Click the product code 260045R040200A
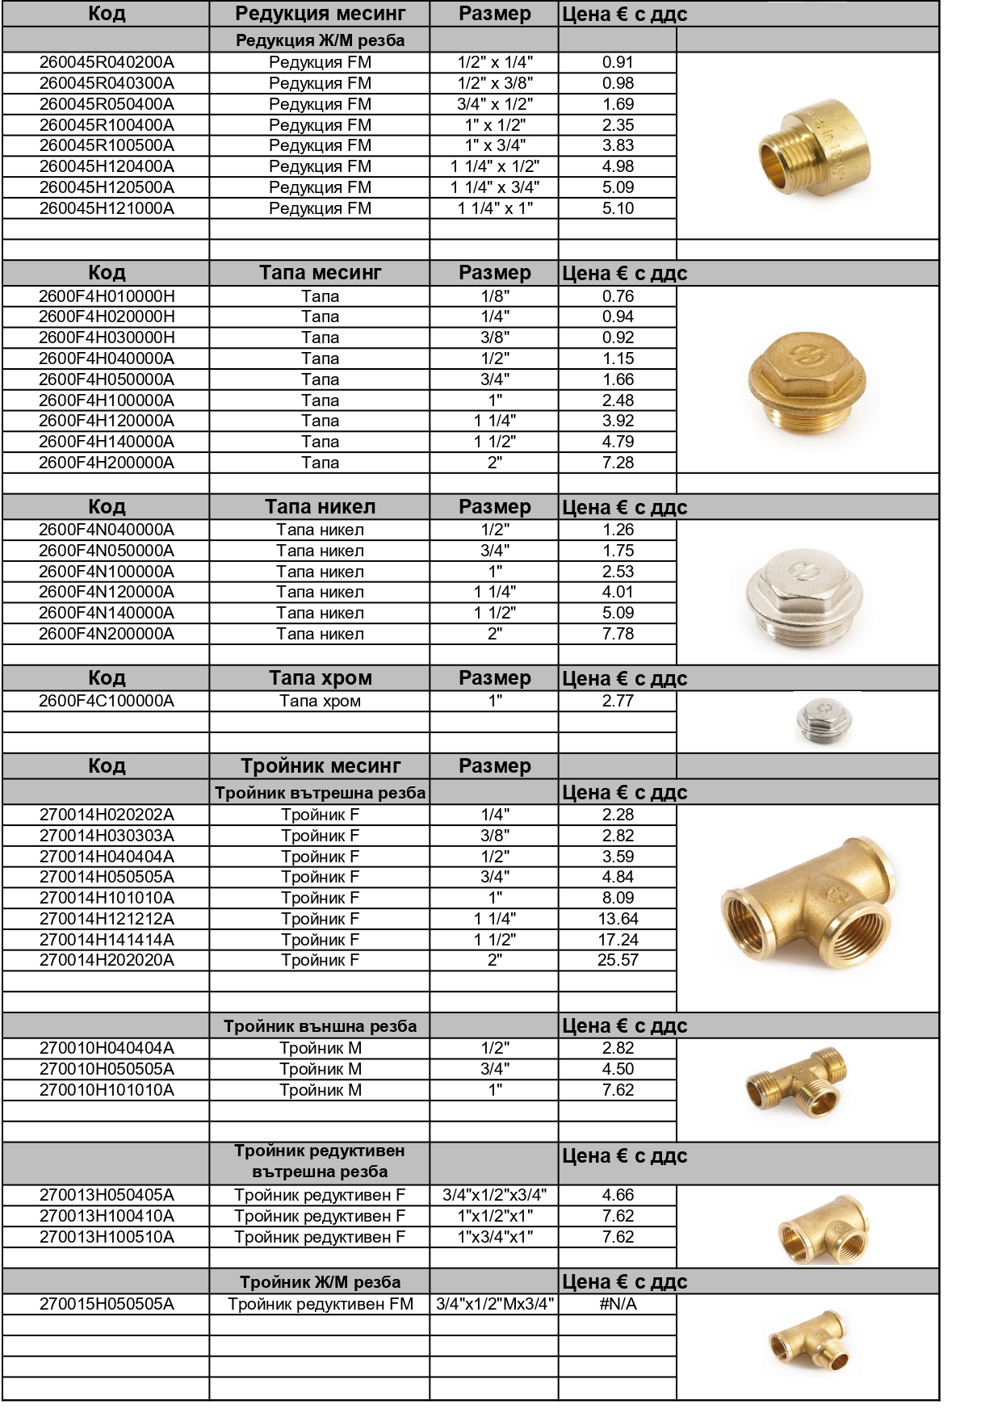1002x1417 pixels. [107, 62]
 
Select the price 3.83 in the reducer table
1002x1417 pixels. [618, 145]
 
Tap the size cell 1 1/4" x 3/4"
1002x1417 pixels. [494, 187]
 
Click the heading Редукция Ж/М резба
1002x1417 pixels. [320, 40]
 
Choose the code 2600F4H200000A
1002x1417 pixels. [107, 463]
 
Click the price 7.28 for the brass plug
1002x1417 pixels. [618, 463]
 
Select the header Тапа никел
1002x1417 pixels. [320, 507]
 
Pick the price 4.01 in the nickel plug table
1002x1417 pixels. [618, 592]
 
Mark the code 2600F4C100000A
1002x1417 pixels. [107, 701]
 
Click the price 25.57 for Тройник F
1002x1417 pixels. [618, 960]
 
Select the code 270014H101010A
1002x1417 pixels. [107, 898]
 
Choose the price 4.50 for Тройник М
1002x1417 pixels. [618, 1069]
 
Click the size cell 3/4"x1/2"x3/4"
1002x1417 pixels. [494, 1195]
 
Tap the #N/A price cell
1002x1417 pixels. [618, 1304]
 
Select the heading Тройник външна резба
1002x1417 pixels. [320, 1026]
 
